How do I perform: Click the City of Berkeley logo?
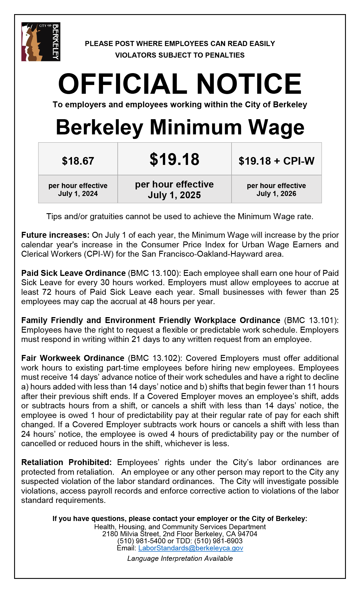click(41, 42)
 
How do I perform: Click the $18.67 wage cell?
click(78, 161)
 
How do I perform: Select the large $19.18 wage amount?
click(174, 159)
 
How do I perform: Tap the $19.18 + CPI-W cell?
click(276, 161)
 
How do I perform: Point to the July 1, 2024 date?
click(78, 194)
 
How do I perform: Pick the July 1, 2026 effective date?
click(276, 194)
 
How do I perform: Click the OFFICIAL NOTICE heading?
click(180, 84)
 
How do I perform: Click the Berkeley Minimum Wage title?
click(180, 127)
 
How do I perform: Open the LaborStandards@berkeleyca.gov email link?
click(191, 548)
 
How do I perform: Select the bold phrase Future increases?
click(55, 235)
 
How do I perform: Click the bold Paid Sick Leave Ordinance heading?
click(73, 273)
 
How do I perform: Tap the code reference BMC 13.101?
click(311, 320)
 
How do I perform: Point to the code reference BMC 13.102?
click(154, 358)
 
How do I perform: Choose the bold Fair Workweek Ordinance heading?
click(73, 358)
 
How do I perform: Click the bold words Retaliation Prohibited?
click(67, 462)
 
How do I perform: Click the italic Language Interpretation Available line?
click(180, 559)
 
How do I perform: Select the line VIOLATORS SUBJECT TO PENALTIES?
click(180, 55)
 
